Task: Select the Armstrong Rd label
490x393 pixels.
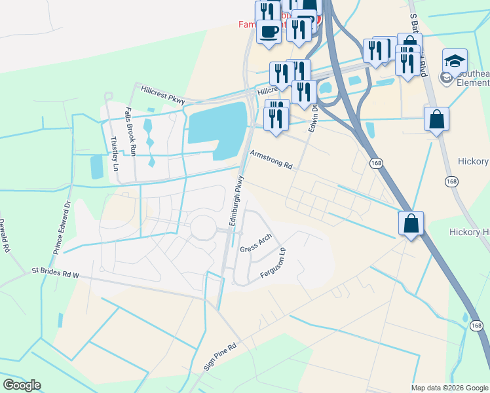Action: click(271, 159)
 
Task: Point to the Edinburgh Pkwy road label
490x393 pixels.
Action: click(236, 201)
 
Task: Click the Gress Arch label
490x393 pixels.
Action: click(255, 244)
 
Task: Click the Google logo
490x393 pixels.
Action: click(22, 385)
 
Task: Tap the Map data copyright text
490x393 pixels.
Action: click(449, 388)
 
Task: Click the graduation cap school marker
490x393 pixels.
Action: click(455, 61)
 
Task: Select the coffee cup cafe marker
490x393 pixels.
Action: click(267, 30)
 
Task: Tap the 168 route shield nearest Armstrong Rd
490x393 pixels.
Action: click(376, 162)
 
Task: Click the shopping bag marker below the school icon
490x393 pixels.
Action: click(436, 120)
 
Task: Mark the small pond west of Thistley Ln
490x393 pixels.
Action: click(97, 166)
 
